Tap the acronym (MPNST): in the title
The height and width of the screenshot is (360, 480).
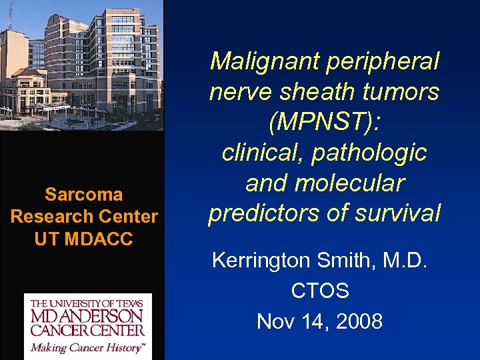coord(325,122)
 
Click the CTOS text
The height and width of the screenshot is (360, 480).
coord(320,291)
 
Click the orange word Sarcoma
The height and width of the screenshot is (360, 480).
coord(84,195)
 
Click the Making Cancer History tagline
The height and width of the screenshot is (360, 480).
coord(88,347)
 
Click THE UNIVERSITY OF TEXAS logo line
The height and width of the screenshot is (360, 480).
coord(88,303)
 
